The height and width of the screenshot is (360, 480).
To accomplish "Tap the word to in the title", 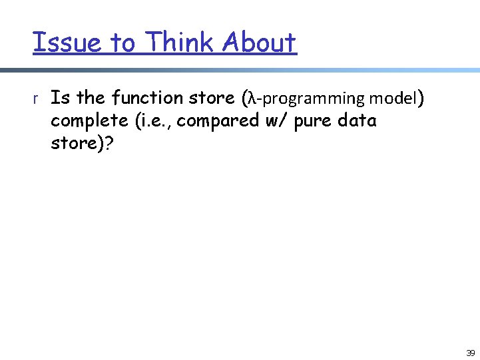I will click(x=122, y=43).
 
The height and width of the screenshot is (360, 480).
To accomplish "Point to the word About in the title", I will click(x=260, y=43).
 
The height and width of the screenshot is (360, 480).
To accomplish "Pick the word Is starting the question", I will click(x=61, y=98).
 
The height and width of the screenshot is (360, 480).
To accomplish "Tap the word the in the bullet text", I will click(x=91, y=98).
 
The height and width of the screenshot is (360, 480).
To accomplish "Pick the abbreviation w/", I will click(x=269, y=122).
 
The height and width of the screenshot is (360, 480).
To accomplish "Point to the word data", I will click(x=358, y=121).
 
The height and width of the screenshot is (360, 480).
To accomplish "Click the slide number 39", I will click(x=470, y=353).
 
